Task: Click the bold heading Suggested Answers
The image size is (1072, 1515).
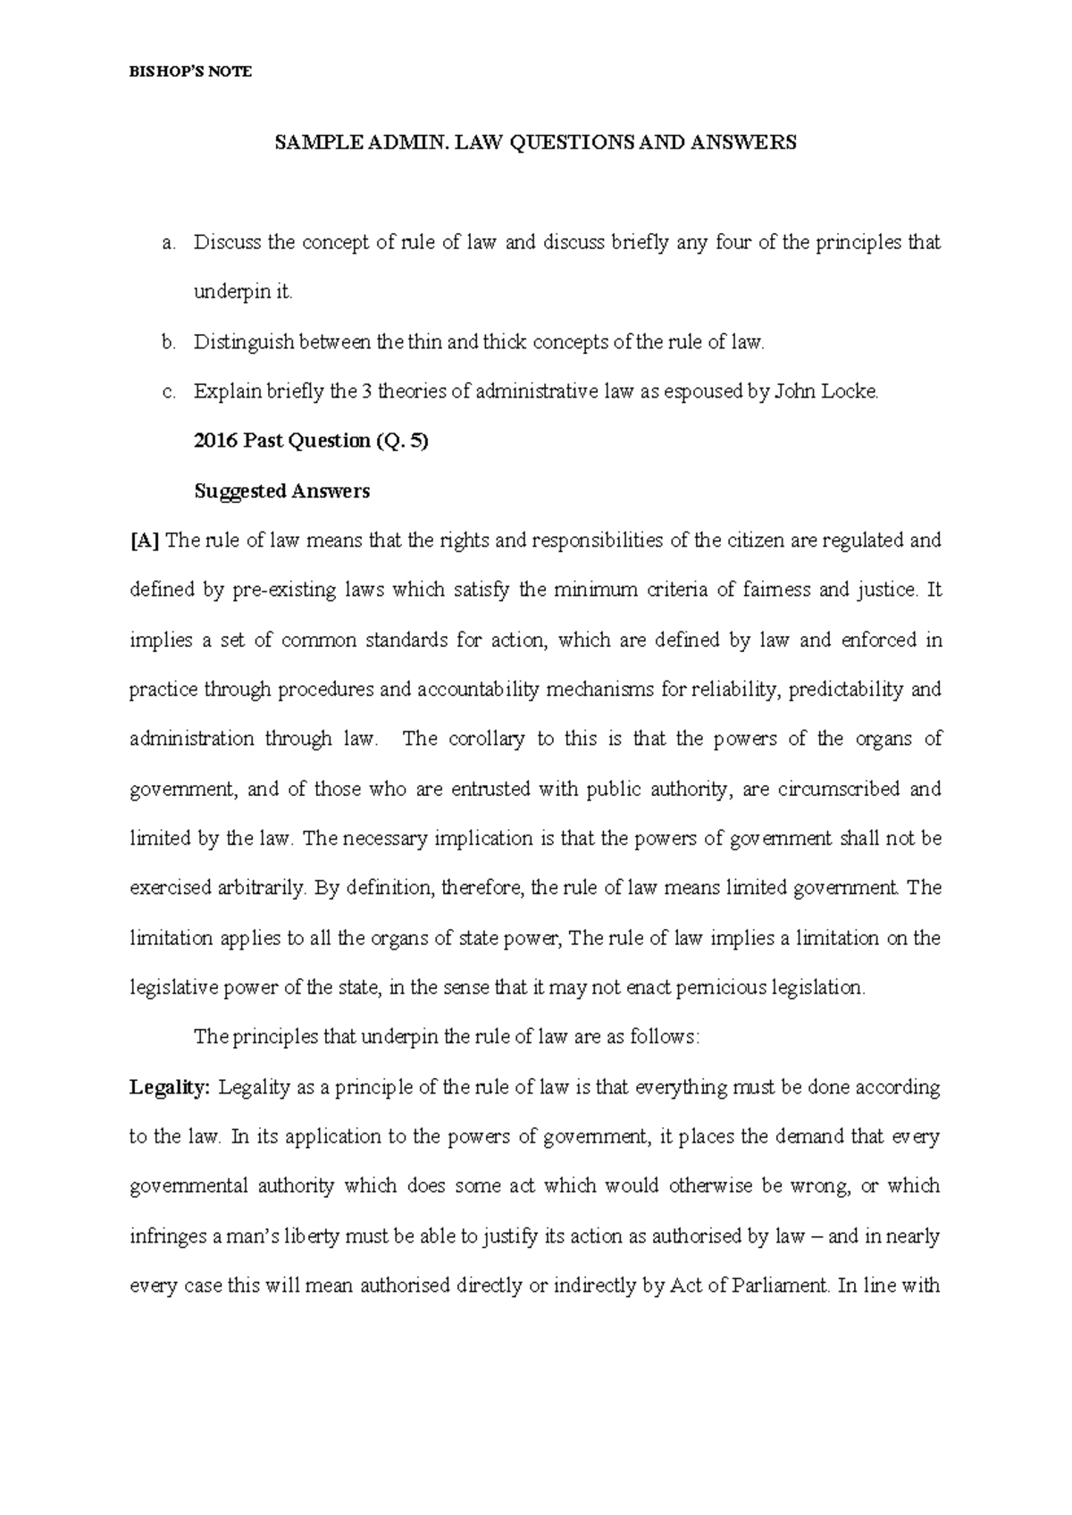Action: click(281, 491)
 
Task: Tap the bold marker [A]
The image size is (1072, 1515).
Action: click(145, 540)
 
